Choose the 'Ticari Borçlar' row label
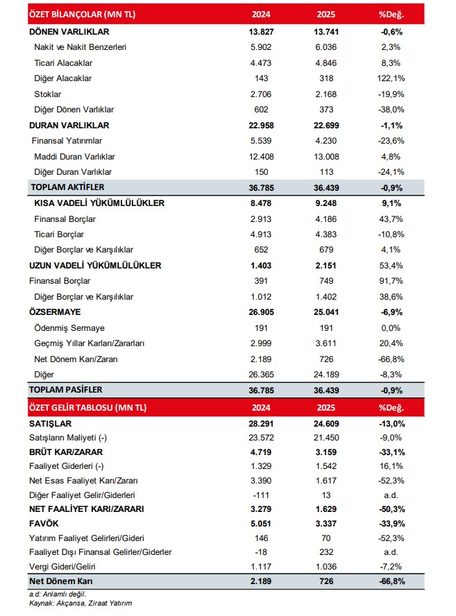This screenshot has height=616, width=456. pyautogui.click(x=61, y=234)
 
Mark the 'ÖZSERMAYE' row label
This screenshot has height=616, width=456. pyautogui.click(x=56, y=312)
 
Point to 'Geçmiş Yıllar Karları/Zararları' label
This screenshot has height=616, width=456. pyautogui.click(x=94, y=343)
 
